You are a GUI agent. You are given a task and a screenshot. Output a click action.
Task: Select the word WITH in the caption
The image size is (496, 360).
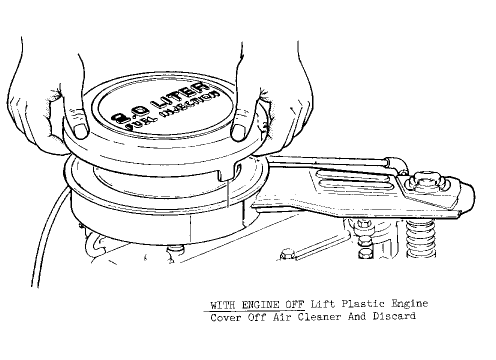pos(222,305)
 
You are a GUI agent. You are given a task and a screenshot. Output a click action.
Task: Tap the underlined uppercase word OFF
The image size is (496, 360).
pos(295,304)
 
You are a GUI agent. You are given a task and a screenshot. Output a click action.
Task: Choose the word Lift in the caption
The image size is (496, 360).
pos(322,304)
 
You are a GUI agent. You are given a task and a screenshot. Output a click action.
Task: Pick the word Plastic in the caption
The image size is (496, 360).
pos(363,303)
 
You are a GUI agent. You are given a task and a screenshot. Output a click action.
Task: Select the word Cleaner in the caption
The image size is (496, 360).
pos(319,316)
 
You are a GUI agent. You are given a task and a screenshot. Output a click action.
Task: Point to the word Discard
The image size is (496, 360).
pos(394,316)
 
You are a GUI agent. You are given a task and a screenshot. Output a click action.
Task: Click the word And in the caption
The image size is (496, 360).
pos(357,316)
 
